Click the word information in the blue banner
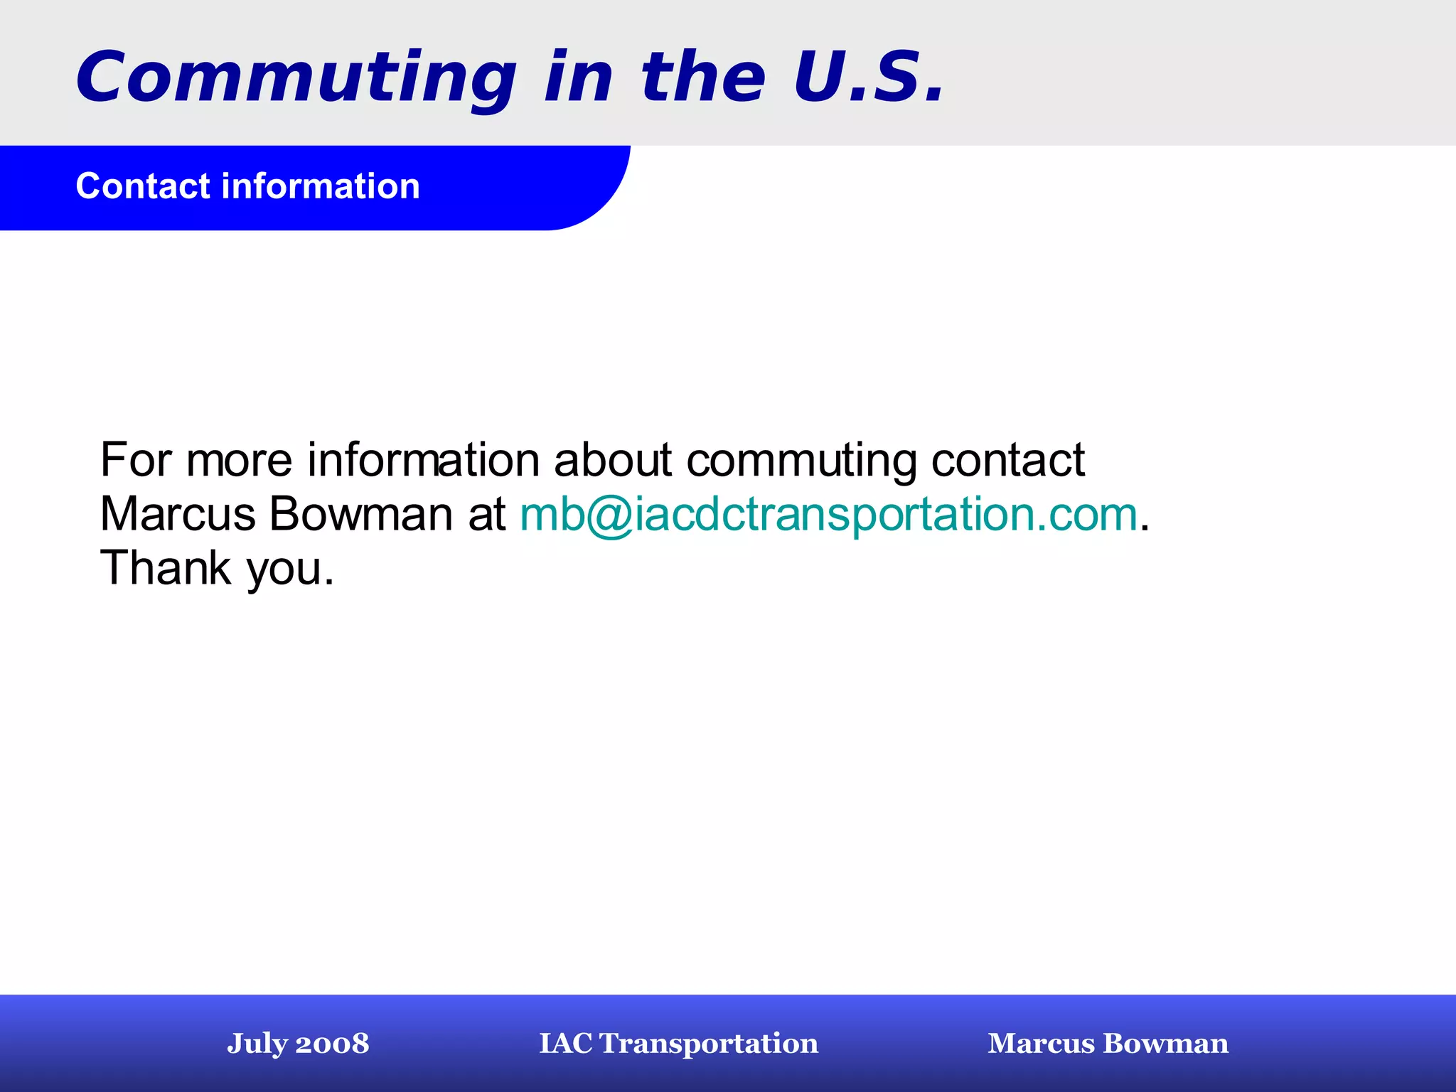(x=321, y=186)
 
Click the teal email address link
(x=829, y=514)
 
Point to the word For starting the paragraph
(x=136, y=459)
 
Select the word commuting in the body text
(x=802, y=461)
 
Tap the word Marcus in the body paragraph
(x=178, y=514)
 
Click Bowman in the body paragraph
(x=361, y=514)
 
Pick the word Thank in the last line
(x=166, y=568)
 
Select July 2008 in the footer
(x=298, y=1043)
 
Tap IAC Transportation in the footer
(x=678, y=1043)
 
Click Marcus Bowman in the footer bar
(x=1108, y=1043)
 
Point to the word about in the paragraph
(x=612, y=459)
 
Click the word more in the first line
(x=239, y=461)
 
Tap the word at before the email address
(x=486, y=514)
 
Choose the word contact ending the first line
(x=1008, y=459)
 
